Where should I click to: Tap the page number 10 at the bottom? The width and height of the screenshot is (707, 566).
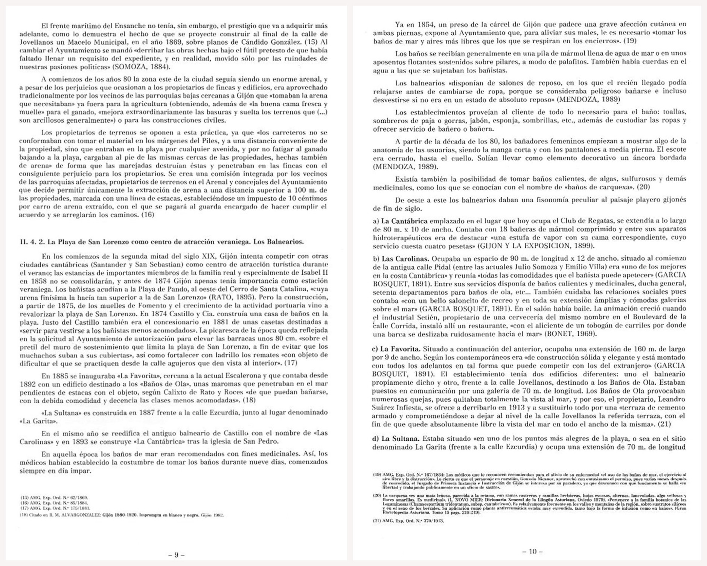[x=532, y=552]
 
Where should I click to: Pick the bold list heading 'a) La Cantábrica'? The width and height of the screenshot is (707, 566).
[x=400, y=221]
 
